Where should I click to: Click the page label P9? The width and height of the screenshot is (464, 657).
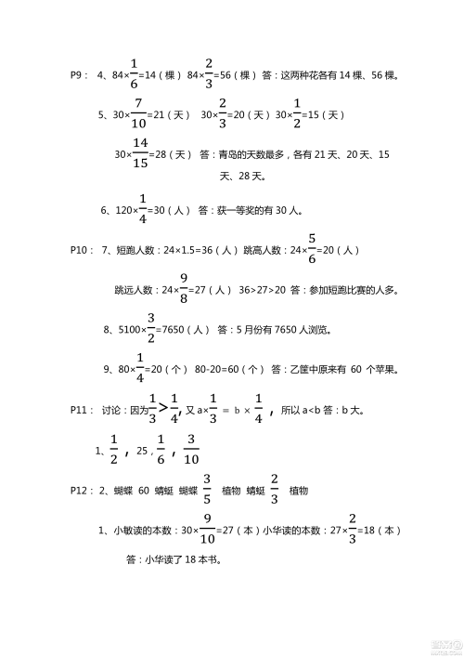tap(78, 75)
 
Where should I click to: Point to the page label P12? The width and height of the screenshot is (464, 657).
tap(81, 491)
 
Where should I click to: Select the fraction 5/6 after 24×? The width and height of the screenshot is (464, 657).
tap(313, 251)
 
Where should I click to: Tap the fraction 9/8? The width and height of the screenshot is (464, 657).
tap(184, 290)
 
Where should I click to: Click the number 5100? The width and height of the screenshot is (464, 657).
tap(127, 330)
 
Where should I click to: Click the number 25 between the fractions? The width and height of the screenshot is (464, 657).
tap(141, 452)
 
